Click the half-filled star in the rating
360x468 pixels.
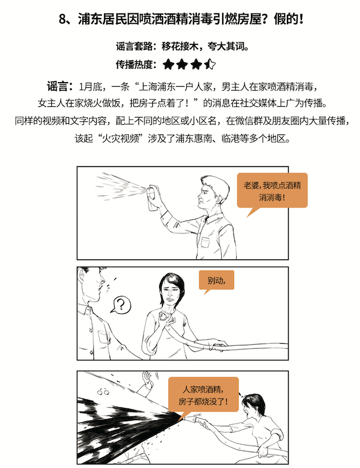point(210,64)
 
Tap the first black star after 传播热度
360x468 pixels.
point(168,64)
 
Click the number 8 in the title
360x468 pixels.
point(62,19)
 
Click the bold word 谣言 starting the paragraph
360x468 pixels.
point(57,86)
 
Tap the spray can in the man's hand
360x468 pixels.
point(152,197)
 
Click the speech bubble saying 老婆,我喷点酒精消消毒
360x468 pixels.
point(272,192)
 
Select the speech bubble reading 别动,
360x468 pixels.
point(217,281)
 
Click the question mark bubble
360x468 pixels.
point(121,304)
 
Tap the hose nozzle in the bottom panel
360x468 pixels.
point(192,417)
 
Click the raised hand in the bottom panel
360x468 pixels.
point(147,379)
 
